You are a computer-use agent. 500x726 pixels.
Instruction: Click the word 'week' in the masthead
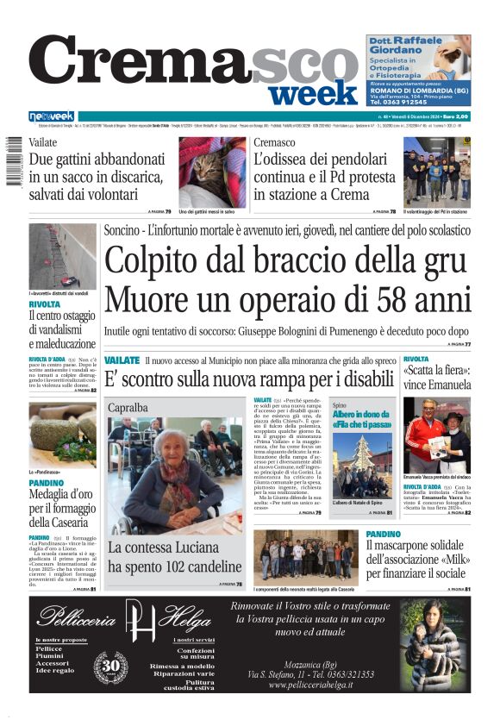coord(318,91)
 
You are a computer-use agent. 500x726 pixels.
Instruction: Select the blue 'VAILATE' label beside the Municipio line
coord(121,360)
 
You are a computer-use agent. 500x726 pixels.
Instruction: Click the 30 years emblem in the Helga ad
coord(109,667)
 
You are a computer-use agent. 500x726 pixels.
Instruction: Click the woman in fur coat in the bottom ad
coord(435,647)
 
